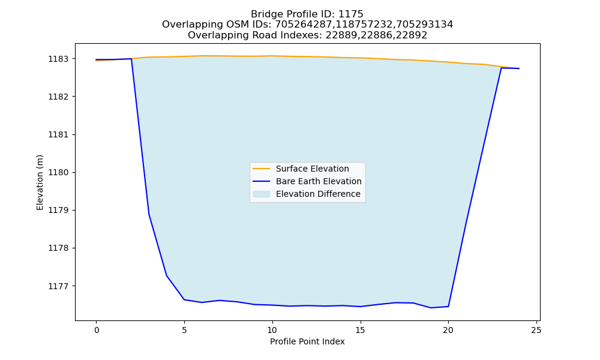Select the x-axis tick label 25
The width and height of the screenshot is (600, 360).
(x=536, y=330)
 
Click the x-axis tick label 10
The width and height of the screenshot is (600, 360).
(x=272, y=330)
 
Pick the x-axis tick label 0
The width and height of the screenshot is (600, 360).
(x=97, y=330)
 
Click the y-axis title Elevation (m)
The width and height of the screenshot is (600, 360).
(x=40, y=182)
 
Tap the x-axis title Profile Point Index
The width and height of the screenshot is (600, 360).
(x=307, y=341)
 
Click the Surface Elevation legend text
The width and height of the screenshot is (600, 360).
(x=312, y=169)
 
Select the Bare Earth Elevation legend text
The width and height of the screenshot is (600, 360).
(x=319, y=181)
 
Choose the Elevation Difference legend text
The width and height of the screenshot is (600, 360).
(x=318, y=194)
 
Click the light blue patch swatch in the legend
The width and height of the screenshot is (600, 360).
(x=262, y=194)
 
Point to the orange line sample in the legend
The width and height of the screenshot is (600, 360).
(x=262, y=169)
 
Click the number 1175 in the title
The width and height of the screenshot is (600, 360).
(x=351, y=14)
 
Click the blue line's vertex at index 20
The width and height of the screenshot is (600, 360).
(x=448, y=307)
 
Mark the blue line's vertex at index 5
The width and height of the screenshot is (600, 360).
(x=184, y=299)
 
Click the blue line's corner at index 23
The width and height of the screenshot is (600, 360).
(x=501, y=68)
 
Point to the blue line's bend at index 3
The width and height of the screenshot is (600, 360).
(x=149, y=214)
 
